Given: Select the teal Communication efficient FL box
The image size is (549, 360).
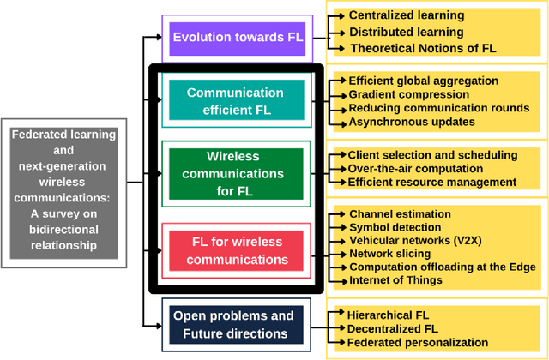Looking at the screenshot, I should tap(235, 100).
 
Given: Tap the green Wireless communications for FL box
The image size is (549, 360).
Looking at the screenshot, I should tap(235, 172).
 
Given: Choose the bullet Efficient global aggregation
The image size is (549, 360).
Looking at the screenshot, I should tap(423, 81).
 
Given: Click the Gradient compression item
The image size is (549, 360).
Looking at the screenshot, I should tap(408, 94).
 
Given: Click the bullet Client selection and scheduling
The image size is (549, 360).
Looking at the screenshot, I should tap(432, 155).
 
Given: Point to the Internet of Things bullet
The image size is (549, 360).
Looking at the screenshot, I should tap(395, 280).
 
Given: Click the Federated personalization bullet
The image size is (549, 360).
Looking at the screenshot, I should tap(418, 342).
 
